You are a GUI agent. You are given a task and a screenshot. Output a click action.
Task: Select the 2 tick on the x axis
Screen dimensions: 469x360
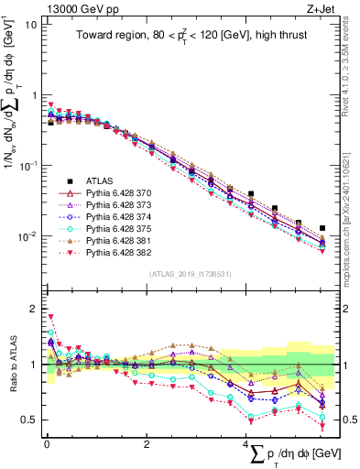point(147,444)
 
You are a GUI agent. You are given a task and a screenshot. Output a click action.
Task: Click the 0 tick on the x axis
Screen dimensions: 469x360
point(47,444)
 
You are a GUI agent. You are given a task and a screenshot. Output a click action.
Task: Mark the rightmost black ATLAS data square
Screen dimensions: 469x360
point(322,228)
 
